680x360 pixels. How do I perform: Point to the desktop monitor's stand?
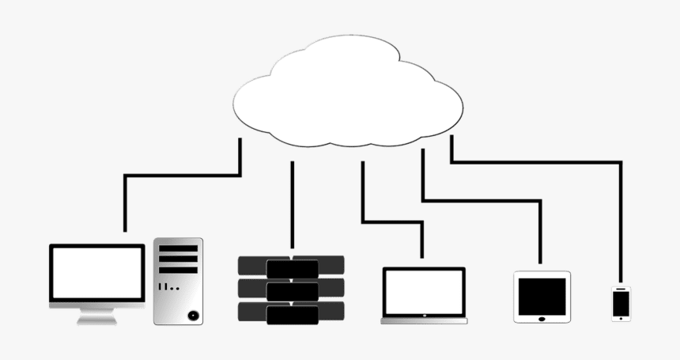click(x=97, y=316)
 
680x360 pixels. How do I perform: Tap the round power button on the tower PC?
click(x=193, y=315)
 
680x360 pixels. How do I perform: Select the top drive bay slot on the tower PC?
click(x=178, y=248)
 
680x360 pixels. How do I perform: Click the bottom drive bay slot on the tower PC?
click(x=178, y=270)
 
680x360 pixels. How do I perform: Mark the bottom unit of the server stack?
click(x=292, y=314)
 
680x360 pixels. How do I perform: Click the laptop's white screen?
click(x=424, y=292)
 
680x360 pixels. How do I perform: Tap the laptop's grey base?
click(x=424, y=320)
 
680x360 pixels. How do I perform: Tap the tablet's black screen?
click(x=542, y=296)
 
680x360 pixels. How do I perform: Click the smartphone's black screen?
click(x=621, y=302)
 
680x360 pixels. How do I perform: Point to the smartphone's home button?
click(x=621, y=318)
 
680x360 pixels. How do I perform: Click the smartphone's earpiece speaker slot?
click(x=621, y=288)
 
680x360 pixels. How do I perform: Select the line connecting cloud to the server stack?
click(x=293, y=206)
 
